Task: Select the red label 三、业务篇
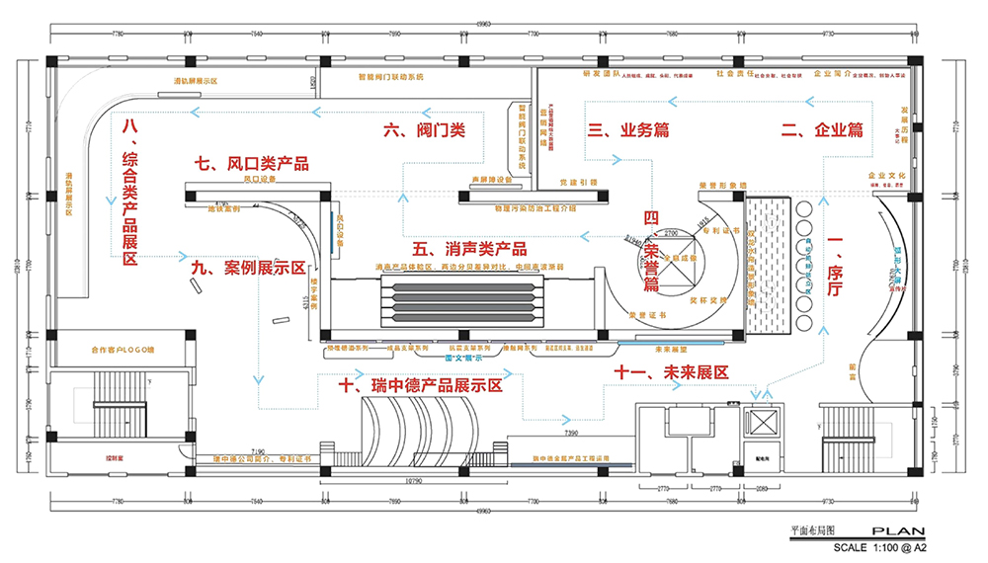pyautogui.click(x=628, y=129)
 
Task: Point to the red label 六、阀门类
pyautogui.click(x=424, y=129)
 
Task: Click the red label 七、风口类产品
pyautogui.click(x=251, y=163)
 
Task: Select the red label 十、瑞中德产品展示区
pyautogui.click(x=420, y=386)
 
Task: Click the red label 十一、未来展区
pyautogui.click(x=671, y=372)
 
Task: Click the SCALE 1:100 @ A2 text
pyautogui.click(x=880, y=546)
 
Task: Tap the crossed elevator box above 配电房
pyautogui.click(x=763, y=421)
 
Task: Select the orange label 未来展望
pyautogui.click(x=671, y=348)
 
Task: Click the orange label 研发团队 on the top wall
pyautogui.click(x=600, y=73)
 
